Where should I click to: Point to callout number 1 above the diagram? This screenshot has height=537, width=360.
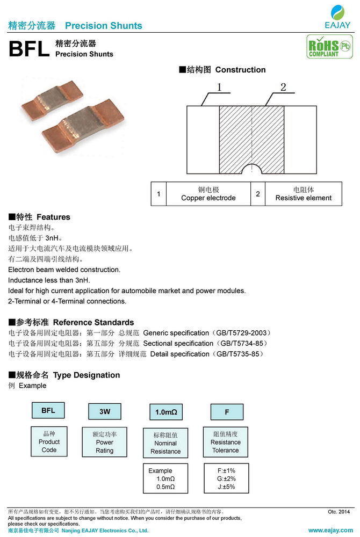tap(219, 88)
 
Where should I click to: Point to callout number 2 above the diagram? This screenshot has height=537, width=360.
tap(283, 88)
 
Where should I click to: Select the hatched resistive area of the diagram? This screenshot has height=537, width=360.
tap(251, 134)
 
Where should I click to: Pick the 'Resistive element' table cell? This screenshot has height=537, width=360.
tap(304, 194)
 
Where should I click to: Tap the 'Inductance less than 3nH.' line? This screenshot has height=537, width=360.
tap(49, 280)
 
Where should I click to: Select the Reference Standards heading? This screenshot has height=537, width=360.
tap(71, 322)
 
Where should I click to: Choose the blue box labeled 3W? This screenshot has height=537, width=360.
tap(105, 412)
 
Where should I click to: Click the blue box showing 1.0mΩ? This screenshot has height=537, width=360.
tap(165, 412)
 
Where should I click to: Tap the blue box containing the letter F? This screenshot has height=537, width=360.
tap(227, 412)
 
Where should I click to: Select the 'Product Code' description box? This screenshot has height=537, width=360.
tap(49, 441)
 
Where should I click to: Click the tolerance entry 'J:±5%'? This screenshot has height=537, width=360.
tap(226, 487)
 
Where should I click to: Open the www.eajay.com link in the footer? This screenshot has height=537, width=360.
tap(329, 530)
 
